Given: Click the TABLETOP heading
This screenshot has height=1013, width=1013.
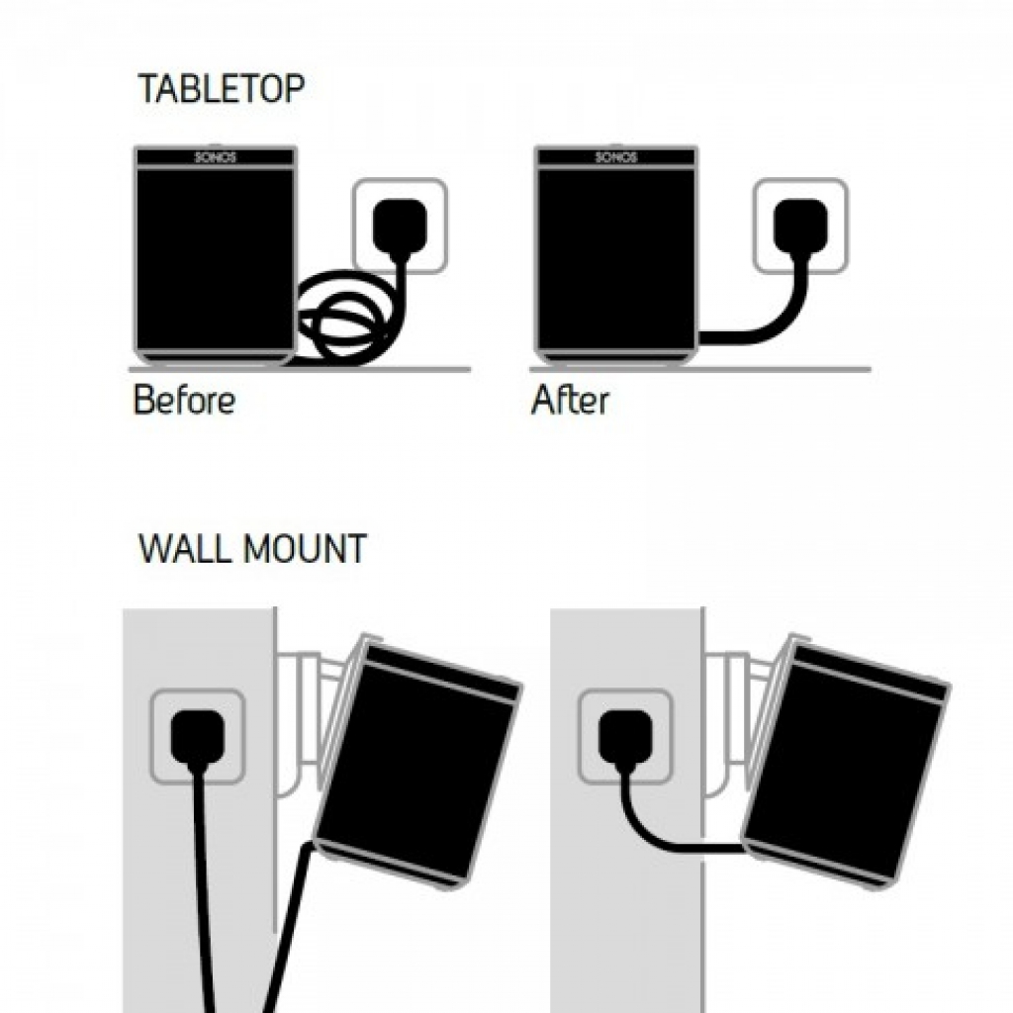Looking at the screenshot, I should pyautogui.click(x=221, y=89).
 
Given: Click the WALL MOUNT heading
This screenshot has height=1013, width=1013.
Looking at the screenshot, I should pyautogui.click(x=252, y=548).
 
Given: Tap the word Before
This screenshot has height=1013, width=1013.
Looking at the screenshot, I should pyautogui.click(x=184, y=401).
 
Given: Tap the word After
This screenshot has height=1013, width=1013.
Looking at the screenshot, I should pyautogui.click(x=570, y=401).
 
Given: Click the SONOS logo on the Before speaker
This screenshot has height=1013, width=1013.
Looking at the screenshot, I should pyautogui.click(x=215, y=157).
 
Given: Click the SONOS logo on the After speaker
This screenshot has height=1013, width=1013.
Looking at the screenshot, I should pyautogui.click(x=615, y=157).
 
